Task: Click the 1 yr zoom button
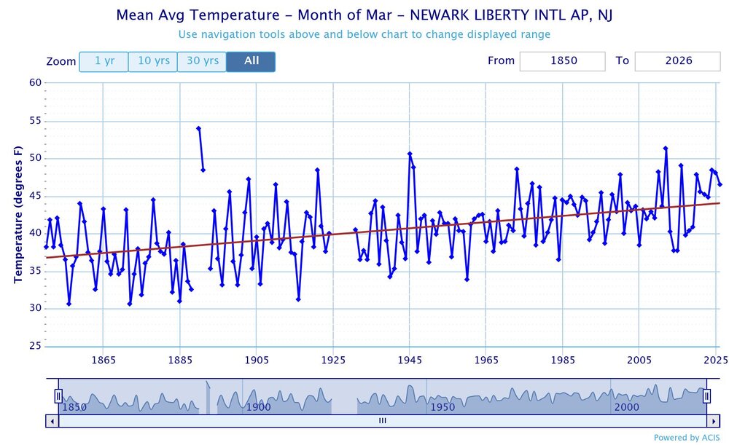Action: pos(104,61)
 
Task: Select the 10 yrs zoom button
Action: pos(153,61)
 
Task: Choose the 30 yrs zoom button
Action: pos(202,61)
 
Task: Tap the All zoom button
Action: pos(251,61)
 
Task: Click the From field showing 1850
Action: pos(562,61)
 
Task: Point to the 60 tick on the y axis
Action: pos(35,82)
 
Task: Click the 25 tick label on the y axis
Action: pos(35,346)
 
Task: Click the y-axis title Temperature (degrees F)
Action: pos(18,214)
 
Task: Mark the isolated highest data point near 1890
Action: pos(198,128)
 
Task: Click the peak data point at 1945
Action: pos(410,154)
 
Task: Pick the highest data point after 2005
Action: pos(666,149)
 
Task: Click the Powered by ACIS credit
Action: pos(686,437)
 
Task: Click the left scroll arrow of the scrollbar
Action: pos(51,421)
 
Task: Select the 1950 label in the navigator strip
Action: pos(443,406)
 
